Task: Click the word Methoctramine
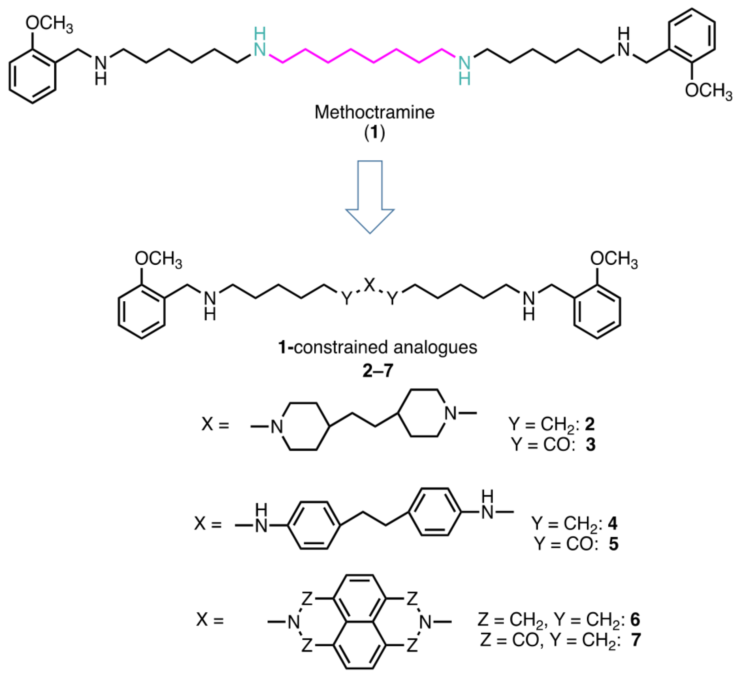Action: point(374,112)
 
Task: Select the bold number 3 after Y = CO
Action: point(590,444)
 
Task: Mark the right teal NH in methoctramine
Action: point(464,70)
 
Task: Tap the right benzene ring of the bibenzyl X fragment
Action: point(434,512)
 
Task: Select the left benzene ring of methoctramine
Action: point(33,75)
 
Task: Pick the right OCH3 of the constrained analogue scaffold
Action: point(613,260)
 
